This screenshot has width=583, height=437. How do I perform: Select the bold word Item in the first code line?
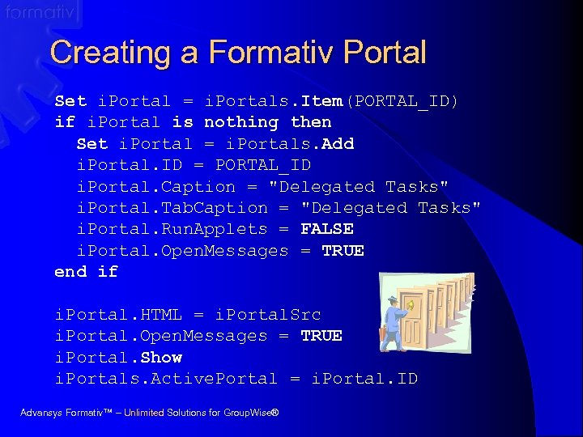point(321,101)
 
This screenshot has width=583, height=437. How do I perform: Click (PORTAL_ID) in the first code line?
point(401,101)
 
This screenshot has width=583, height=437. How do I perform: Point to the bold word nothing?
point(241,122)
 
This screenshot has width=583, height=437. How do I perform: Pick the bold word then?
point(311,122)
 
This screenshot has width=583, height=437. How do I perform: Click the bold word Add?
point(338,144)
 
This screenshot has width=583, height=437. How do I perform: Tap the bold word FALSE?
point(327,229)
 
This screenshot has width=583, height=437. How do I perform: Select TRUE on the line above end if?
point(343,250)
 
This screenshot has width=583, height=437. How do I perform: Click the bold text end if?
point(86,272)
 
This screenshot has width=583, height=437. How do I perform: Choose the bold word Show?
point(161,357)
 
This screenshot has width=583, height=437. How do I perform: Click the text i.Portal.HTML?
point(118,314)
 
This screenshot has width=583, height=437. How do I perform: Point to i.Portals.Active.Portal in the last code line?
point(166,378)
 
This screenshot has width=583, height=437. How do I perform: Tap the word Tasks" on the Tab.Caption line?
point(449,208)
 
